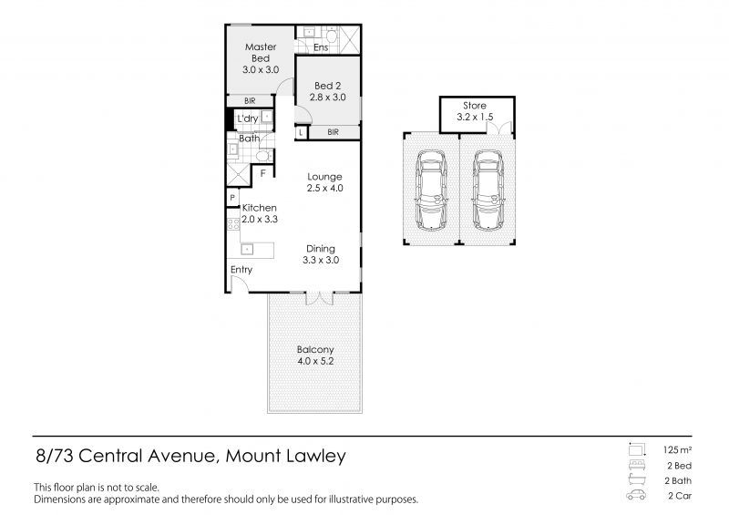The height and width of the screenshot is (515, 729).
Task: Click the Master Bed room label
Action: point(260,52)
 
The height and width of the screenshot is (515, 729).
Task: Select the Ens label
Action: point(321,47)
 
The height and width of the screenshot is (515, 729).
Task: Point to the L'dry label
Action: point(246,119)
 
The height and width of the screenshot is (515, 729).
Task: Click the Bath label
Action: point(249,139)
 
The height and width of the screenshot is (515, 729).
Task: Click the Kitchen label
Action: point(259,208)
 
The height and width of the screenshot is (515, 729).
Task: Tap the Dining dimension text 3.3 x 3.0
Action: point(321,260)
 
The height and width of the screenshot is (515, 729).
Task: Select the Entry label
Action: point(241,270)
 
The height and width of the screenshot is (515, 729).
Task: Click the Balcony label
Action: point(314,349)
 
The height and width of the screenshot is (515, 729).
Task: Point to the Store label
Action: point(476,105)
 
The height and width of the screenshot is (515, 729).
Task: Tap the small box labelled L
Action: point(300,132)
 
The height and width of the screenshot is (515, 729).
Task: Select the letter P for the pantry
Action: point(232,197)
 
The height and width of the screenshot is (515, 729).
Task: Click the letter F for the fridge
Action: point(263,172)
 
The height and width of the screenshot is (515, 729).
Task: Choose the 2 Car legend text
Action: point(678,496)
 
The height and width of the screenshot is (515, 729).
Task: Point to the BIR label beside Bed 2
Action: point(333,132)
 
